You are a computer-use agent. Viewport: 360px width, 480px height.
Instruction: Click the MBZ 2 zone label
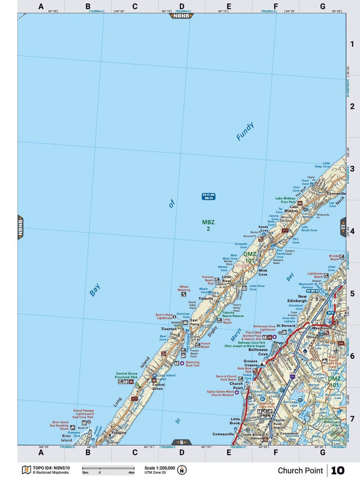point(208,225)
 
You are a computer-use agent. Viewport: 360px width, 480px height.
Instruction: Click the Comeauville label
point(224,434)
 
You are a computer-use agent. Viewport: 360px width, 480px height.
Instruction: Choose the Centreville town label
point(335,194)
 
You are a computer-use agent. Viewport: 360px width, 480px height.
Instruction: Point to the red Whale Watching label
point(184,288)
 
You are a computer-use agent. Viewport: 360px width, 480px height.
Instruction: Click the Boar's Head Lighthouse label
point(164,316)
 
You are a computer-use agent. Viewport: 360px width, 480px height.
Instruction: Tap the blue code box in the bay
point(209,196)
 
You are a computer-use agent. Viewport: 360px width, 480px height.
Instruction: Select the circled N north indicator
point(182,470)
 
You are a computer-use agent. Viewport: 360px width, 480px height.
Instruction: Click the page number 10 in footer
point(337,470)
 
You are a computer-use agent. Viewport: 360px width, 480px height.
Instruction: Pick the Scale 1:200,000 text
point(160,468)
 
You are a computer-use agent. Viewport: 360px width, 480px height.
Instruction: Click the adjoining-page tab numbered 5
point(181,442)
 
